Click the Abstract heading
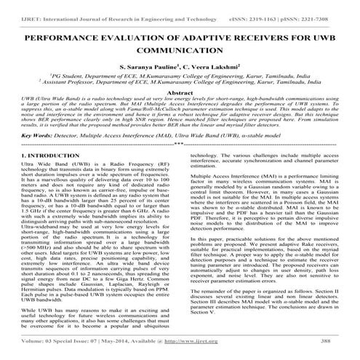pyautogui.click(x=180, y=95)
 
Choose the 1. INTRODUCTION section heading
pyautogui.click(x=33, y=175)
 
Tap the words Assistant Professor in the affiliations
pyautogui.click(x=52, y=83)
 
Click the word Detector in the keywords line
pyautogui.click(x=59, y=155)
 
